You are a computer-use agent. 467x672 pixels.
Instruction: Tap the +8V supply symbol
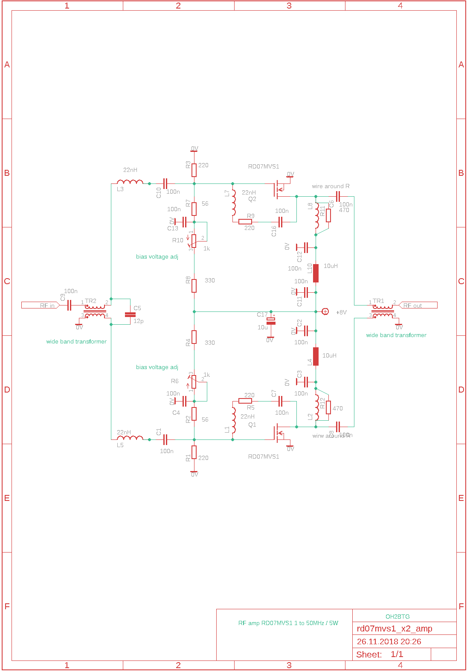click(x=325, y=311)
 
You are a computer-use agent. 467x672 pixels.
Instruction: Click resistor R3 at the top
click(x=194, y=170)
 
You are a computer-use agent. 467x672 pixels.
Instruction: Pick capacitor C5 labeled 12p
click(x=130, y=314)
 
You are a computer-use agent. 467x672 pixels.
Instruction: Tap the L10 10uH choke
click(x=316, y=273)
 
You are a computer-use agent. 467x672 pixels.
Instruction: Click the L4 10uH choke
click(x=316, y=356)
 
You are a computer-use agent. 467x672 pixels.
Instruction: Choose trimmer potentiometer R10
click(x=194, y=241)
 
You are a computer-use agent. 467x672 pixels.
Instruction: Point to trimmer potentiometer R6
click(x=194, y=382)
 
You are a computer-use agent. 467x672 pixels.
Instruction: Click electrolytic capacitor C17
click(x=271, y=321)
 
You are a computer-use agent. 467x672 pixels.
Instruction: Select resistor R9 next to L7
click(x=245, y=221)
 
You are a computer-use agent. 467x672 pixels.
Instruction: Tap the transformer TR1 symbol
click(x=383, y=311)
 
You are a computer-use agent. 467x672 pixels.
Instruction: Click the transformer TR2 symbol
click(x=95, y=311)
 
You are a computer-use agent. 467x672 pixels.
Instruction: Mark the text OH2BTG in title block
click(x=397, y=617)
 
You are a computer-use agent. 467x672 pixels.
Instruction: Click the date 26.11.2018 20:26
click(x=389, y=641)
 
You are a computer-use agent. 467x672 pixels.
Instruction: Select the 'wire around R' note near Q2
click(x=331, y=186)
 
